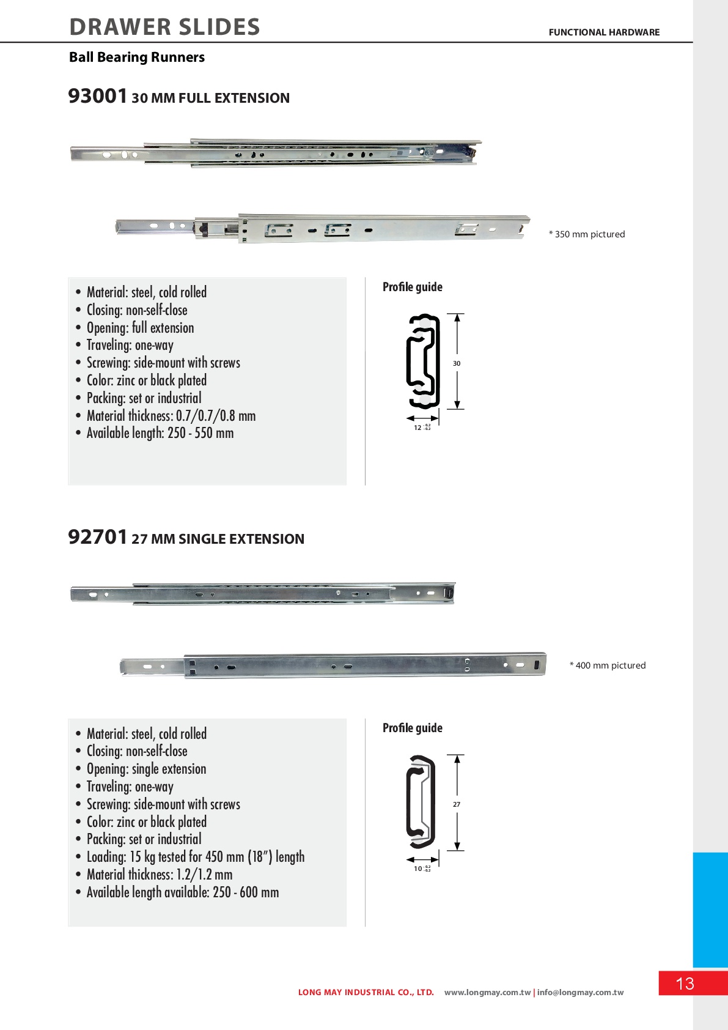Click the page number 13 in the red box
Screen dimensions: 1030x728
click(x=685, y=984)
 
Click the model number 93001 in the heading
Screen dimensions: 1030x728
click(x=98, y=97)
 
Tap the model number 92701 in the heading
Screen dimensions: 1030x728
click(x=98, y=538)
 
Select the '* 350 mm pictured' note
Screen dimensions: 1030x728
click(x=587, y=234)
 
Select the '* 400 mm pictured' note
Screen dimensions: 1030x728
click(x=608, y=665)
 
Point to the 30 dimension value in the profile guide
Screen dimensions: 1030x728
click(x=457, y=363)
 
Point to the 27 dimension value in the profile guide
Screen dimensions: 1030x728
click(x=457, y=804)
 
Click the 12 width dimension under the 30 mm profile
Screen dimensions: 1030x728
click(x=418, y=428)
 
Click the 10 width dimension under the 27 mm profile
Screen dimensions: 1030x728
click(x=418, y=869)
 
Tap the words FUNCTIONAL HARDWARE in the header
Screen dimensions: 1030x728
click(x=604, y=32)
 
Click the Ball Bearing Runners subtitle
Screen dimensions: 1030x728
click(x=137, y=57)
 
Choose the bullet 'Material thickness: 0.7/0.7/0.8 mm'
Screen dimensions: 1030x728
click(x=171, y=416)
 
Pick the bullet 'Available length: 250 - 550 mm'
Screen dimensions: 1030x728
click(x=160, y=433)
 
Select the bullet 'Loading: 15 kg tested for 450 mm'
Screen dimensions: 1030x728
click(x=196, y=857)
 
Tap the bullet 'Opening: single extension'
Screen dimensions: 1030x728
click(x=147, y=769)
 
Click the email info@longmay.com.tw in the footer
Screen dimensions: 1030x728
click(x=581, y=993)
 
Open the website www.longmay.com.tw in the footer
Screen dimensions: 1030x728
click(x=487, y=993)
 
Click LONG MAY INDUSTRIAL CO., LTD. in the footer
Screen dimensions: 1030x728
click(x=366, y=993)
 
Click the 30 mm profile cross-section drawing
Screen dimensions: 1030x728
click(x=423, y=361)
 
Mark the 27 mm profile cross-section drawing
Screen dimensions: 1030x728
click(x=421, y=802)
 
